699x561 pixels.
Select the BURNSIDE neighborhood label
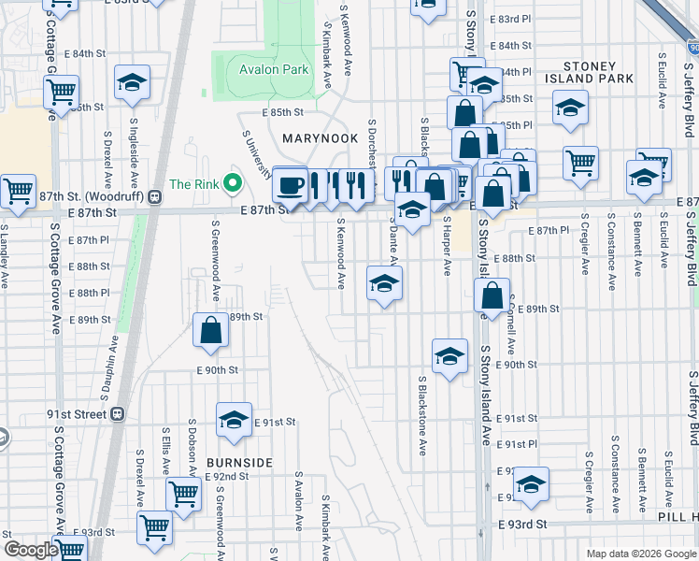239,462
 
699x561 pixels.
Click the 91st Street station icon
118,413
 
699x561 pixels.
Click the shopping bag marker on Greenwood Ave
210,329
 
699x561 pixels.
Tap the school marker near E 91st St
234,419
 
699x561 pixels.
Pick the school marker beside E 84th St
133,81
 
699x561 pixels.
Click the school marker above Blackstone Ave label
449,355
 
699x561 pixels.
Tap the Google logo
30,550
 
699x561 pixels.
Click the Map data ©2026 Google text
641,554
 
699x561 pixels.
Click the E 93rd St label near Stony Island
522,525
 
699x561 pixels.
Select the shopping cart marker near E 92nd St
183,493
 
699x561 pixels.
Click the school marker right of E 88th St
384,283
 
